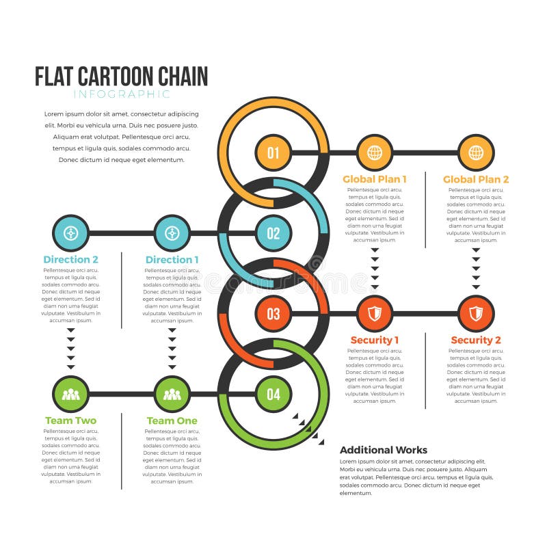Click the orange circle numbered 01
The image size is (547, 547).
(273, 152)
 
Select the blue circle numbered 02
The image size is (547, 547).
(273, 233)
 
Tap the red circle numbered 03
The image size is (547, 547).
(273, 314)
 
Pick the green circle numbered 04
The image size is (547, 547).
(273, 394)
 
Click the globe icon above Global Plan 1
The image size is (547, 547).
(375, 152)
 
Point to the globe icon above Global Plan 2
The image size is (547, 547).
(476, 152)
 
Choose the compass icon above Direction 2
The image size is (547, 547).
(71, 233)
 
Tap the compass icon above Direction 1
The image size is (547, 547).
(172, 233)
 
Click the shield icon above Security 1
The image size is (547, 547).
(375, 314)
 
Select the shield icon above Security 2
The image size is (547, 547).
(476, 314)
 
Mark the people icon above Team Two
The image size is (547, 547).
(71, 394)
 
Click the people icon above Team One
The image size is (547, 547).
(172, 394)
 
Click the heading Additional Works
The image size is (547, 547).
(384, 450)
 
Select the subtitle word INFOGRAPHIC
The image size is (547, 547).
(122, 94)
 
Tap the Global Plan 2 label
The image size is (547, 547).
(476, 179)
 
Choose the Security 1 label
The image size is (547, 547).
(375, 340)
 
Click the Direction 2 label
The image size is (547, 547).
(71, 259)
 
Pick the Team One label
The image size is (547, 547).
(172, 421)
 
